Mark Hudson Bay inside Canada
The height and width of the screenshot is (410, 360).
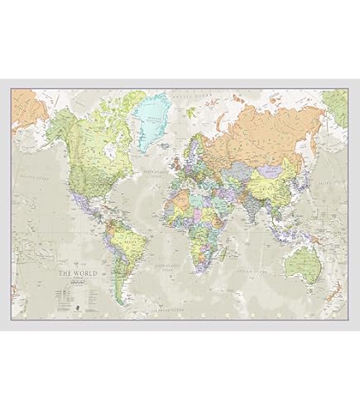click(x=94, y=133)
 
